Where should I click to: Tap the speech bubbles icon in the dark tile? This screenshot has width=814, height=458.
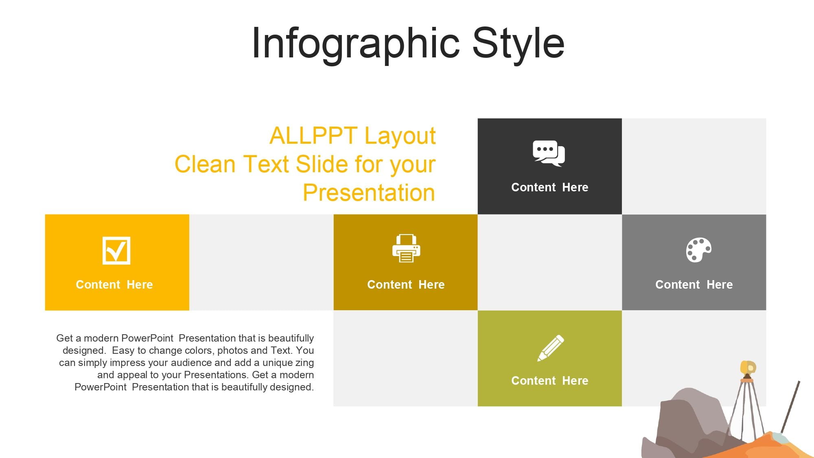(x=549, y=153)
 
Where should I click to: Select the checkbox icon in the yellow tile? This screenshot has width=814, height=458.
(x=116, y=250)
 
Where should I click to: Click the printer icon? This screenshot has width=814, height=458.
(x=406, y=248)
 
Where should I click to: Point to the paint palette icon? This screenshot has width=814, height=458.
(x=699, y=250)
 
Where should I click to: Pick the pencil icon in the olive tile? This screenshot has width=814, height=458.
(x=551, y=348)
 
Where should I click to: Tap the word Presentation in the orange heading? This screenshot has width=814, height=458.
(x=369, y=193)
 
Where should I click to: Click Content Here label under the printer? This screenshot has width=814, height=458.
(x=406, y=285)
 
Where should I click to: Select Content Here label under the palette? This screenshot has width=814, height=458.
(x=694, y=285)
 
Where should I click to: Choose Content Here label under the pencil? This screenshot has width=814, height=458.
(x=550, y=381)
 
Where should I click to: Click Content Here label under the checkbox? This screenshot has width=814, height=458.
(x=114, y=285)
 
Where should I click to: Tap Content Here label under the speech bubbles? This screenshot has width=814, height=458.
(x=550, y=187)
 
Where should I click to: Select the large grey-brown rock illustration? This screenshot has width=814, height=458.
(x=688, y=423)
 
